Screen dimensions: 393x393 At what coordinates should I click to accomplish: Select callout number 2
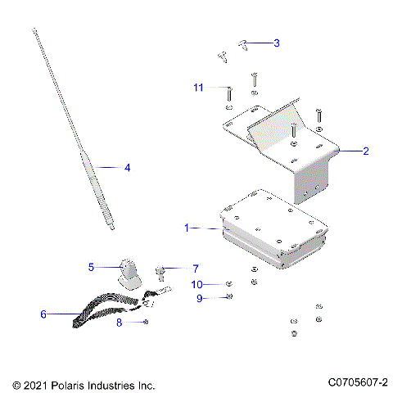365,151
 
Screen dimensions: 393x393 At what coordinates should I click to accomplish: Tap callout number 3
276,43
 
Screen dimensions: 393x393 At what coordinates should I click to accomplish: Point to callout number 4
127,167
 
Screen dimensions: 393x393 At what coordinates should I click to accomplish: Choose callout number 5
92,266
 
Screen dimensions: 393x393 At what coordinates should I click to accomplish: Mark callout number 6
43,313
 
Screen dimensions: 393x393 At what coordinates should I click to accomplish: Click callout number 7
195,268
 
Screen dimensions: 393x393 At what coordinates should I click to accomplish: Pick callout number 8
118,323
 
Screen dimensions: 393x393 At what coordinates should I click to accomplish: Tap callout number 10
196,284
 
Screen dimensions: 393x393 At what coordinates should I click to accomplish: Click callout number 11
198,88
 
